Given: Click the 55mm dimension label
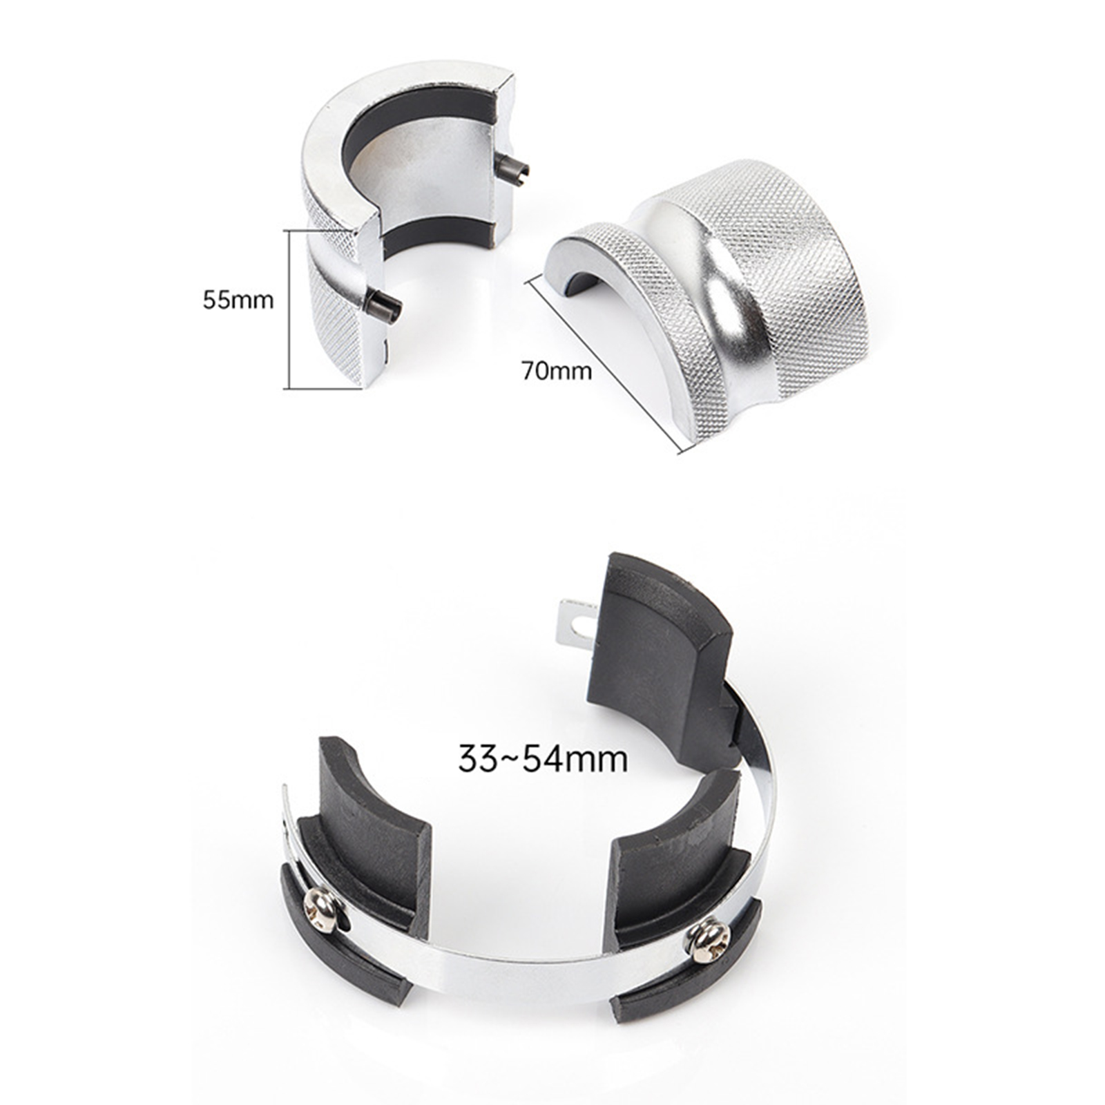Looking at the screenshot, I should (238, 300).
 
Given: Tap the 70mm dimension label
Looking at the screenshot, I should (557, 371).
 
